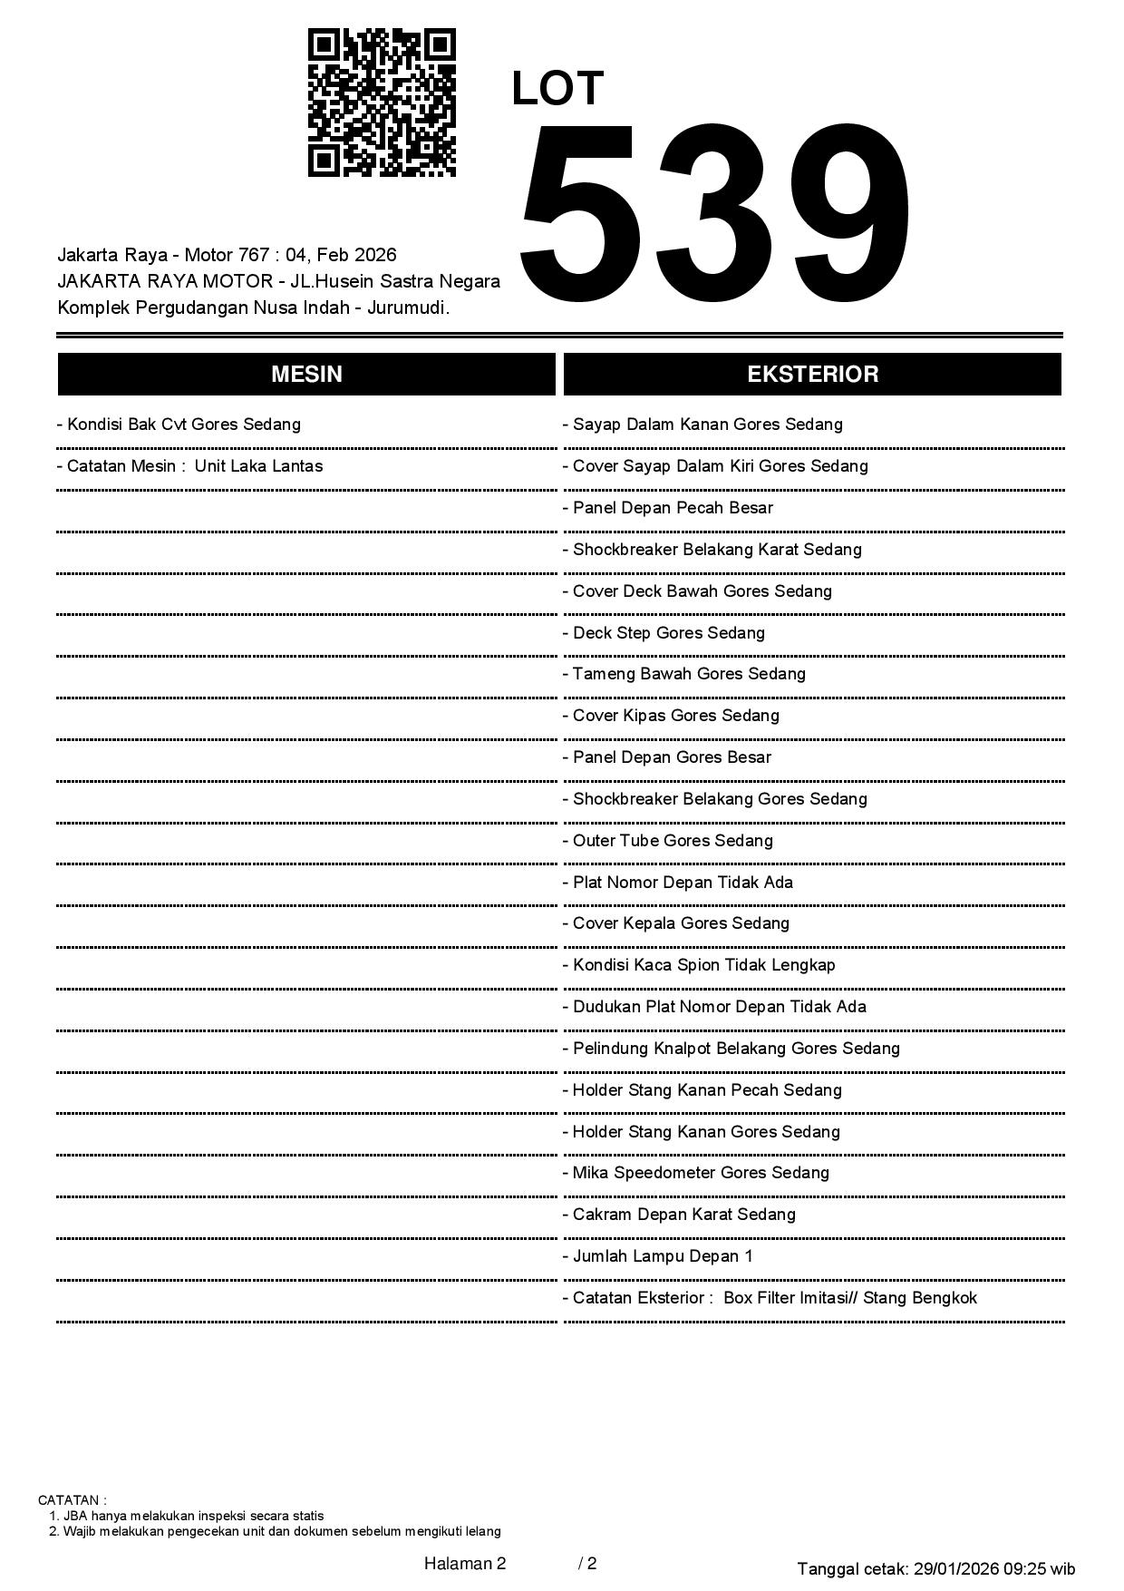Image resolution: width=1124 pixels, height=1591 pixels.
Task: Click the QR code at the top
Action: pos(382,102)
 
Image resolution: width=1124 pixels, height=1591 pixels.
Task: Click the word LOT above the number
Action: pos(557,89)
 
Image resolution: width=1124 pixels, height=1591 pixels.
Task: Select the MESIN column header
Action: pos(306,375)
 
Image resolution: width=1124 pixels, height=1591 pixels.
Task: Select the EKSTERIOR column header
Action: pos(812,375)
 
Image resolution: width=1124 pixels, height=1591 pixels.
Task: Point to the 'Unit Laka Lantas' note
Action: pos(258,466)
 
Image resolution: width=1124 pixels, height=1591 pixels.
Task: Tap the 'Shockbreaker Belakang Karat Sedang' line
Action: pos(712,550)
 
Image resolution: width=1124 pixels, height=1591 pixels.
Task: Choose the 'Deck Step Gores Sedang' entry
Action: pos(664,633)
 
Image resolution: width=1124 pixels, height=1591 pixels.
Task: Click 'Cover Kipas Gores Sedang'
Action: pos(672,716)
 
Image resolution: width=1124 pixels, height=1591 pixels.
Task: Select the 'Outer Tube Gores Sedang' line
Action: pos(668,841)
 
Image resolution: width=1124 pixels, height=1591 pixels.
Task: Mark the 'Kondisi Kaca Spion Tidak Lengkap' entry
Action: pos(699,965)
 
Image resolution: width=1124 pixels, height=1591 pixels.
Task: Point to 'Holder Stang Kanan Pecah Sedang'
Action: pos(702,1090)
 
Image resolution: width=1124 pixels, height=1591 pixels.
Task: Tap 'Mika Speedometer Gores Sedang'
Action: pos(696,1173)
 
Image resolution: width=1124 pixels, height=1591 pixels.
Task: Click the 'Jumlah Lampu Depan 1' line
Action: pos(658,1256)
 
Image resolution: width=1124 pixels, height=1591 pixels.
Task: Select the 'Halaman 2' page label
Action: pos(464,1563)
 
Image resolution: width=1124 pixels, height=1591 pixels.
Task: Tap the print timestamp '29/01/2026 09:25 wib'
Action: pos(994,1568)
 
